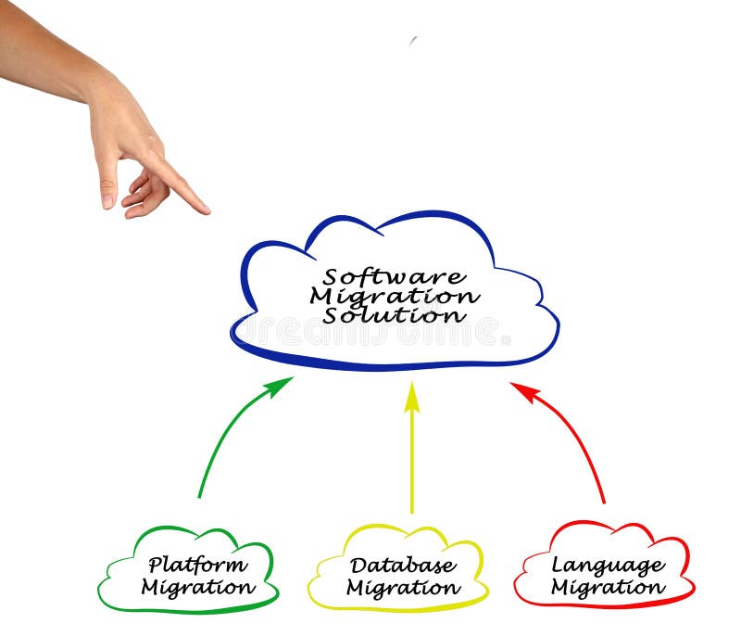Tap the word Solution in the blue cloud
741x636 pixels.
(395, 315)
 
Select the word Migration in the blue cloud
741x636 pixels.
(395, 296)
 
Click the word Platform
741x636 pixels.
(198, 565)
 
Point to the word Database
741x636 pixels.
(403, 565)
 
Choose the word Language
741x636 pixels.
(608, 565)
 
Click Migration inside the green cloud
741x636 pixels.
(198, 587)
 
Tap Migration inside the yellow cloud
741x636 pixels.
(403, 588)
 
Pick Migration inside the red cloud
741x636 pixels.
(608, 588)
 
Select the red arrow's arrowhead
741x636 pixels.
(523, 389)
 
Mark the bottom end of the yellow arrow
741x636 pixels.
(412, 512)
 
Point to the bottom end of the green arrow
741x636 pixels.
(199, 497)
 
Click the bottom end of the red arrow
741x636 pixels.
(605, 502)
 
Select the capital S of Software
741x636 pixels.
(331, 277)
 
